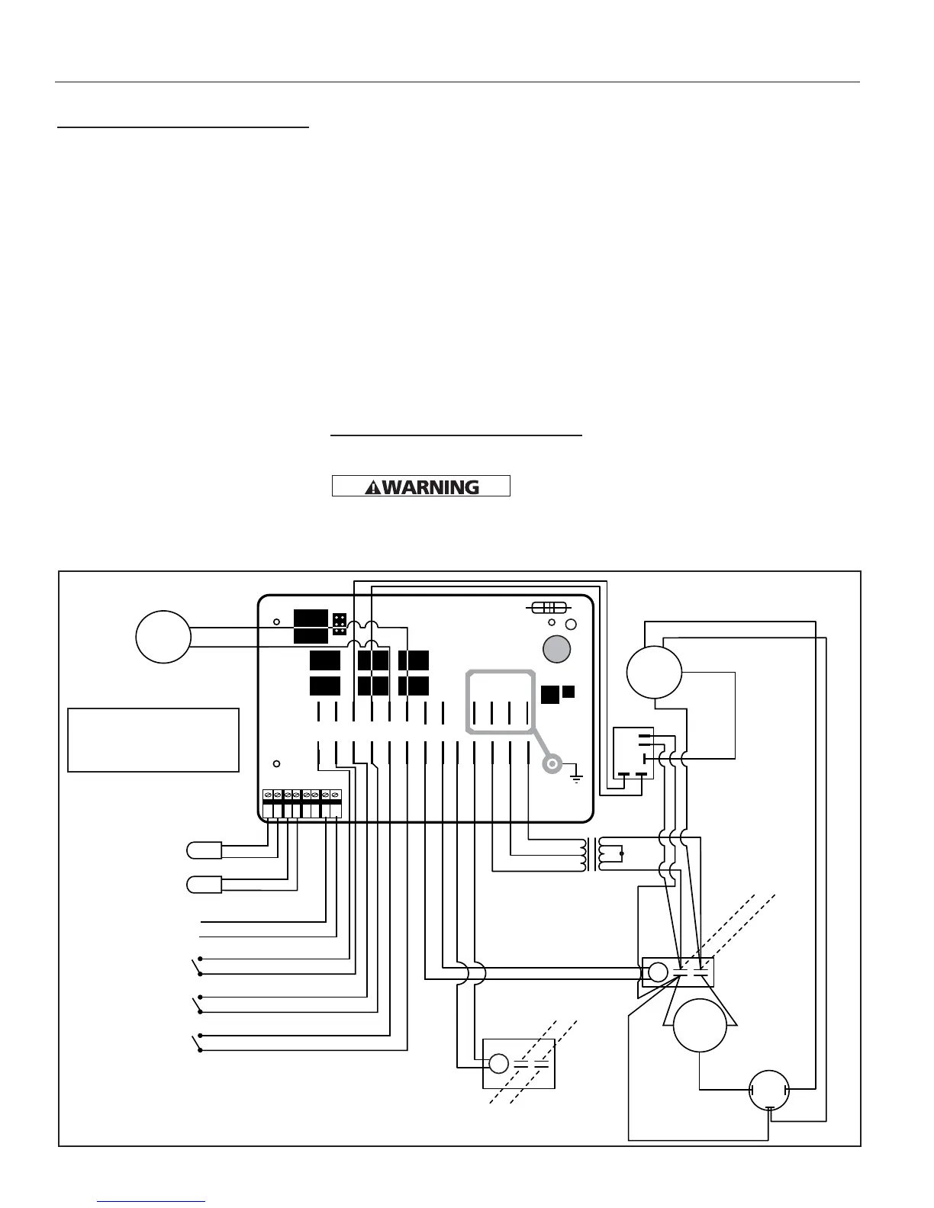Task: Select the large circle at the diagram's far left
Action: pos(163,636)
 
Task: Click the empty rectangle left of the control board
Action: pos(153,740)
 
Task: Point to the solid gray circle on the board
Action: pos(556,649)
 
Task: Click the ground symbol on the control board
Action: pos(577,776)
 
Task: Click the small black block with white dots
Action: pos(340,625)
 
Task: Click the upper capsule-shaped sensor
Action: pos(204,850)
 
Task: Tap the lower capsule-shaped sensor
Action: pos(204,885)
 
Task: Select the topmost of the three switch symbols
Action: pos(198,965)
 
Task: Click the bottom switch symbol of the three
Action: pos(198,1043)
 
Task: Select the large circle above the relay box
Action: pos(653,672)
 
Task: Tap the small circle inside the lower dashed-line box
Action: pos(498,1063)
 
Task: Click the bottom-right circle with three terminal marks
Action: pos(768,1091)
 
